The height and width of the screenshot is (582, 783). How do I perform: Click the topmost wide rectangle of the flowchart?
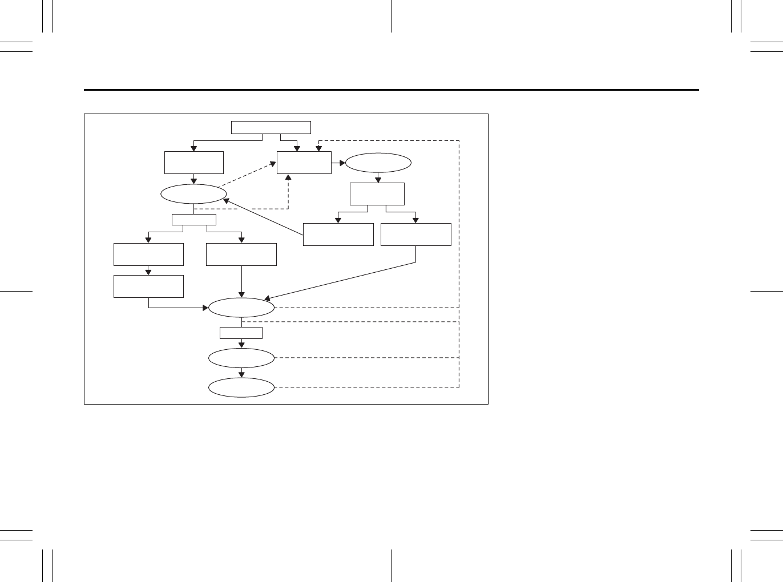click(x=271, y=127)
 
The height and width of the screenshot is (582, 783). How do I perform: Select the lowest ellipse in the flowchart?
click(x=241, y=387)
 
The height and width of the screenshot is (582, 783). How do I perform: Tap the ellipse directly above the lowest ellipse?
click(x=241, y=358)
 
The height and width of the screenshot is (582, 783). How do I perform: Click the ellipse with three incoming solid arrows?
click(x=241, y=308)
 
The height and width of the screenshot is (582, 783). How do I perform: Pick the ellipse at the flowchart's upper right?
click(x=378, y=163)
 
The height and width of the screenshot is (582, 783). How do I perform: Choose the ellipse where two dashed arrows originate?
click(x=193, y=194)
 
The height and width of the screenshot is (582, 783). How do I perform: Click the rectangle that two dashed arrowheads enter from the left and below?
click(x=304, y=163)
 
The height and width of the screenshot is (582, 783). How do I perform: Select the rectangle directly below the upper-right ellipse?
click(x=377, y=194)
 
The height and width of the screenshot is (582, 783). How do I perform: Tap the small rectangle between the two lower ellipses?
click(x=241, y=333)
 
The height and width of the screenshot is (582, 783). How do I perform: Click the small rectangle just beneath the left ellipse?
click(x=194, y=220)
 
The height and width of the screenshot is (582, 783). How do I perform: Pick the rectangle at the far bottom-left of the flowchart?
click(x=148, y=286)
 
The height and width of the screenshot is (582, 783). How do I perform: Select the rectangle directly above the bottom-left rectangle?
click(x=148, y=254)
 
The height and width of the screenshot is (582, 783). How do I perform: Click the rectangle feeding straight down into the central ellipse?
click(x=241, y=254)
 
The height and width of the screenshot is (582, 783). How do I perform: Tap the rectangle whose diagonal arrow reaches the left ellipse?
click(x=338, y=235)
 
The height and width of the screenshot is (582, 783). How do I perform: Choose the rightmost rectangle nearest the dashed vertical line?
click(x=415, y=235)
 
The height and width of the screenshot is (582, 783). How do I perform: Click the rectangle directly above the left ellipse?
click(x=193, y=163)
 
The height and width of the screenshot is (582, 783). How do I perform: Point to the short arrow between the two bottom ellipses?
click(x=241, y=373)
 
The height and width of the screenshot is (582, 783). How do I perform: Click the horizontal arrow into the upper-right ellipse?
click(x=338, y=163)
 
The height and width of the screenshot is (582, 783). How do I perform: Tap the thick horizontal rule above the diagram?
click(x=392, y=90)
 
